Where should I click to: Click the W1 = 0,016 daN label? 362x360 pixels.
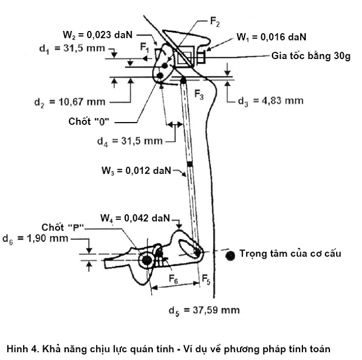(271, 38)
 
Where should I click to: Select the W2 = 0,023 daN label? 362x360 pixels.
(98, 35)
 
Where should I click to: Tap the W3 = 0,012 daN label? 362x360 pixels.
(136, 171)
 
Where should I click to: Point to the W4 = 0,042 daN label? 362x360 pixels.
(135, 218)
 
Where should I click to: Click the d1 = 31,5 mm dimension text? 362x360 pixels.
(73, 49)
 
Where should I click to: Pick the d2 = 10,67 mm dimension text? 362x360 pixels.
(70, 102)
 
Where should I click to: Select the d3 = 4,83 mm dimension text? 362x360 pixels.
(270, 101)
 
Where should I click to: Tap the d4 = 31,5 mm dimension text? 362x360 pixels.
(130, 141)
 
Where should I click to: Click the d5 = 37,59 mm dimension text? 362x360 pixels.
(204, 310)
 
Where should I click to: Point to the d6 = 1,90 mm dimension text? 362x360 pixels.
(35, 238)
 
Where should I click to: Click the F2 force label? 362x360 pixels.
(215, 22)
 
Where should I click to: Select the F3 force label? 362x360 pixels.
(199, 94)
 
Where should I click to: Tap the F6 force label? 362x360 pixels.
(173, 279)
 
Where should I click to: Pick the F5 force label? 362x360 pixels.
(206, 279)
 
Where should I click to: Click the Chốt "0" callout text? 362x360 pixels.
(89, 121)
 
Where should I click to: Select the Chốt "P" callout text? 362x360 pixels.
(62, 227)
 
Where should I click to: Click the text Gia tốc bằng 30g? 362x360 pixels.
(311, 56)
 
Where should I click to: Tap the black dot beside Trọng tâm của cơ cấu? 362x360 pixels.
(230, 255)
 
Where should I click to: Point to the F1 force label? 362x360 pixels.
(145, 48)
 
